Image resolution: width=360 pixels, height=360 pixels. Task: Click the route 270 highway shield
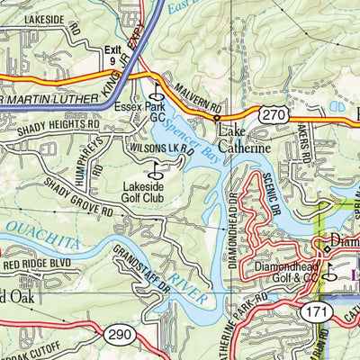pos(275,113)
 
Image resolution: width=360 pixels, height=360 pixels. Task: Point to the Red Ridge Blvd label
pos(38,265)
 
